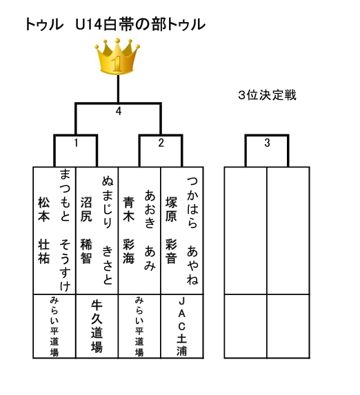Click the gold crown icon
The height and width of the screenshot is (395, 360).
point(117,57)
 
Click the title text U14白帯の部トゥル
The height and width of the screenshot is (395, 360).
point(141,24)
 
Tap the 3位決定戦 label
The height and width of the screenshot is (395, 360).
point(267,95)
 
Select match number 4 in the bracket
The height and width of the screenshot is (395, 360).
point(119,111)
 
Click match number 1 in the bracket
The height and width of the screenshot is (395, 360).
point(76,143)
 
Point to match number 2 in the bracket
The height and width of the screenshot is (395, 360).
point(161,143)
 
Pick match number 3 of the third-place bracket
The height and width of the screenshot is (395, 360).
point(267,143)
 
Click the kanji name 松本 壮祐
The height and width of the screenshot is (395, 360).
point(44,230)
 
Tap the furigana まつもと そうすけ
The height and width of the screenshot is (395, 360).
point(65,230)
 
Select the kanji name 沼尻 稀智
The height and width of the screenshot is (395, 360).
point(86,230)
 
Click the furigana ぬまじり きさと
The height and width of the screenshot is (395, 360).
point(108,230)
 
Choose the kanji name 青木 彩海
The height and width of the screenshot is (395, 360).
point(128,230)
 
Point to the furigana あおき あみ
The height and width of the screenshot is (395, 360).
point(150,230)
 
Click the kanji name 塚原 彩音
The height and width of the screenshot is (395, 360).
point(171,230)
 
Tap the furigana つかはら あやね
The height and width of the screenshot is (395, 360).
point(192,230)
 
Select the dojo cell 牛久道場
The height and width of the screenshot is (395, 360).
point(97,326)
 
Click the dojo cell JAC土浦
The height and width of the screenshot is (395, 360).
point(182,326)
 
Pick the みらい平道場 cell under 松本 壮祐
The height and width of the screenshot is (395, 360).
point(54,327)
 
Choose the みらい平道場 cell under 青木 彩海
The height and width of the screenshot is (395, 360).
point(139,327)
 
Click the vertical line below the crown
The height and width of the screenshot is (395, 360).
point(118,89)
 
